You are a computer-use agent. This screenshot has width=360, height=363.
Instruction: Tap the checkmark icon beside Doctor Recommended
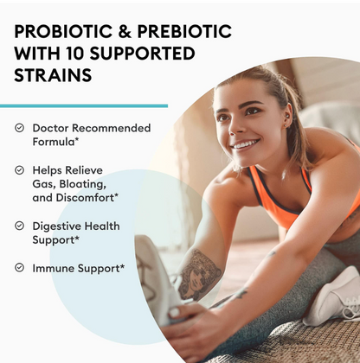coord(19,128)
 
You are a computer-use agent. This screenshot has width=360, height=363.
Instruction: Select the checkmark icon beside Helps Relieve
coord(19,170)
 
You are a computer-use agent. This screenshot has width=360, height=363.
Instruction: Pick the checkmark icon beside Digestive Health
coord(19,226)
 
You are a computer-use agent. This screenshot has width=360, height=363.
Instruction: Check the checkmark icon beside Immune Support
coord(19,268)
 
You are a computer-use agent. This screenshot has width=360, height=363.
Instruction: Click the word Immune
coord(54,268)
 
